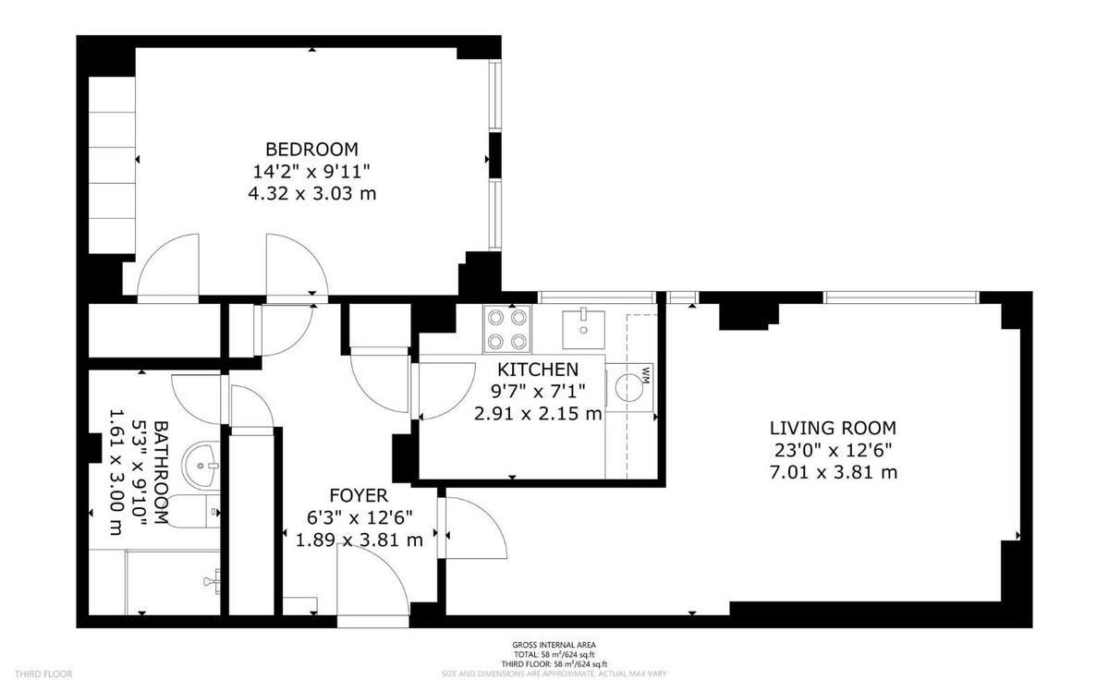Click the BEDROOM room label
click(311, 149)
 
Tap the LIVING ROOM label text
click(833, 428)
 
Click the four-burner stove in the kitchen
click(507, 329)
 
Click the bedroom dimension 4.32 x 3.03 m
click(311, 194)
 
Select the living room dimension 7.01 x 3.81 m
click(833, 473)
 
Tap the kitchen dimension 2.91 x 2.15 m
click(538, 414)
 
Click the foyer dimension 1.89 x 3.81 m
click(359, 540)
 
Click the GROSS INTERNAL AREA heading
click(554, 645)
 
